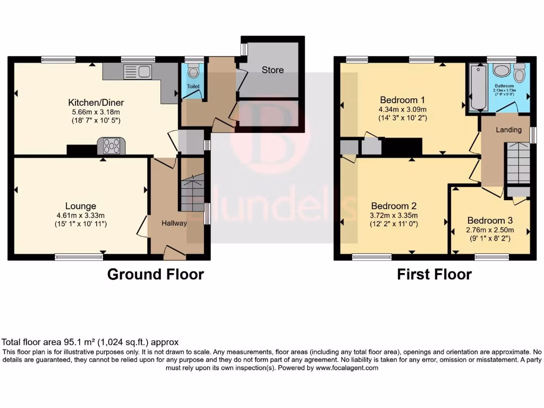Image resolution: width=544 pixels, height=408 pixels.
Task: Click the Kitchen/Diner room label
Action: pyautogui.click(x=96, y=102)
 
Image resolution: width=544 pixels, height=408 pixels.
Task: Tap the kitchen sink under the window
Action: pyautogui.click(x=137, y=71)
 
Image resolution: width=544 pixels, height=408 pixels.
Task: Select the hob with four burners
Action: pyautogui.click(x=111, y=146)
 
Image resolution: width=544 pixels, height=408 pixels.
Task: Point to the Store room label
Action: pyautogui.click(x=273, y=70)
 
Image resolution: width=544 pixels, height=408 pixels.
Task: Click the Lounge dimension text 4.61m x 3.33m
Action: pyautogui.click(x=81, y=215)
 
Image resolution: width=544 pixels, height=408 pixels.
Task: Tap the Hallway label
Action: pyautogui.click(x=174, y=223)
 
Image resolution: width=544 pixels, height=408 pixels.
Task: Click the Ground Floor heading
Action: pyautogui.click(x=155, y=274)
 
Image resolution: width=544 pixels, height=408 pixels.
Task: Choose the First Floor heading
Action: pyautogui.click(x=434, y=274)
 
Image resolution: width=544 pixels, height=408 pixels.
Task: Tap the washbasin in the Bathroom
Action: pyautogui.click(x=501, y=71)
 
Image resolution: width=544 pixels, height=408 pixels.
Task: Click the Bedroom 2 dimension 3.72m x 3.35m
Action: pyautogui.click(x=394, y=215)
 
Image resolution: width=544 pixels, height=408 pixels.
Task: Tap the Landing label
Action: pyautogui.click(x=508, y=130)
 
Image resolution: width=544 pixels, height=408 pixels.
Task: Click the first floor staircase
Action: pyautogui.click(x=517, y=163)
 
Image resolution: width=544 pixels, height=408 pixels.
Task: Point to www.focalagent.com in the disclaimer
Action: pyautogui.click(x=346, y=368)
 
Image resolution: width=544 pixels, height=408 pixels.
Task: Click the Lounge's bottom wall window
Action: pyautogui.click(x=79, y=258)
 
